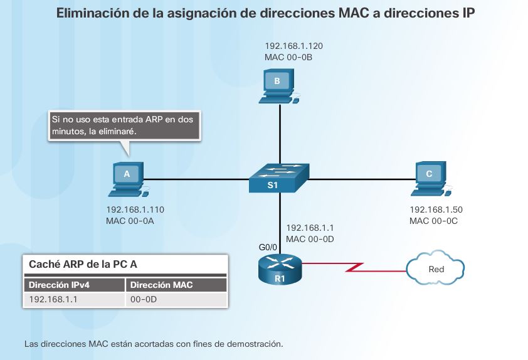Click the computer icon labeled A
tap(128, 178)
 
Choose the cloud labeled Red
tap(436, 269)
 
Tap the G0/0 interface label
tap(268, 248)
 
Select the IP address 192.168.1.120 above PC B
tap(293, 46)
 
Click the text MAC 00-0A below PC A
tap(131, 221)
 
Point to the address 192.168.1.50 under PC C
tap(436, 209)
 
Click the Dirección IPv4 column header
tap(59, 285)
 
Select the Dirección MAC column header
tap(162, 285)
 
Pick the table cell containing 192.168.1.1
tap(50, 300)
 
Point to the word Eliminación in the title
tap(95, 13)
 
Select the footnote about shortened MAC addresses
tap(154, 344)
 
